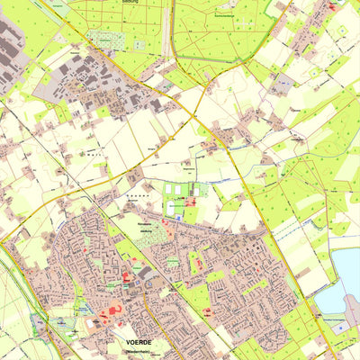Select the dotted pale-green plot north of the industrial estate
[107, 40]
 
